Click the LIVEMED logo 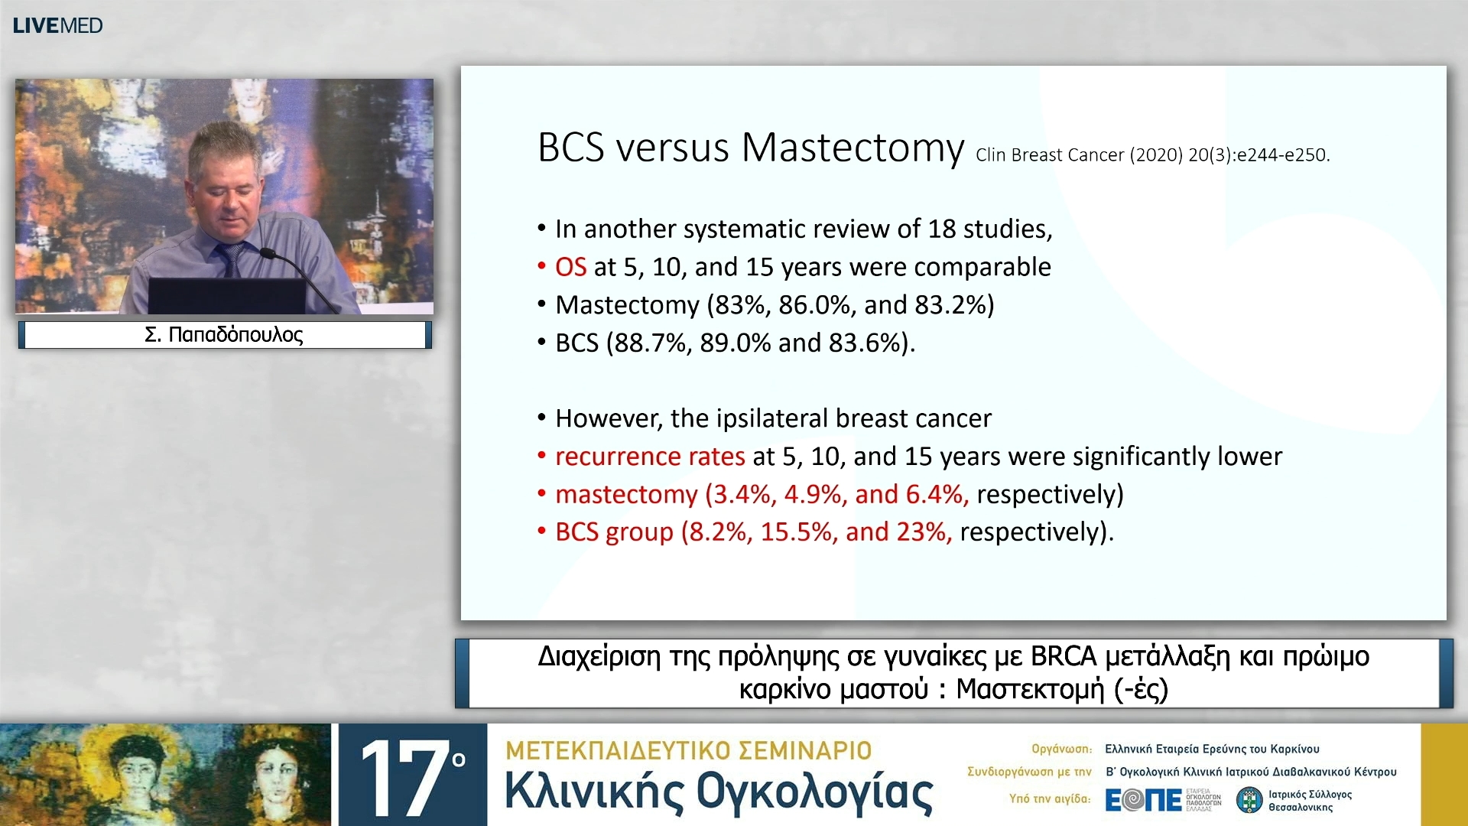[x=57, y=25]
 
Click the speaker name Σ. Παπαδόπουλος [x=224, y=335]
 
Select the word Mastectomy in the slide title [x=853, y=148]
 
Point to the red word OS [x=570, y=267]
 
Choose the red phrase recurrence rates [x=650, y=457]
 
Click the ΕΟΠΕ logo [x=1144, y=800]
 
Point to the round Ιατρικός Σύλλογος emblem [x=1249, y=800]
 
